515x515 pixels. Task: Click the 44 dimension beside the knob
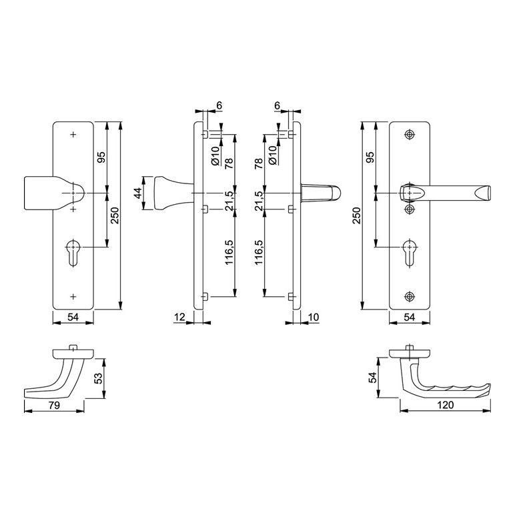coord(139,193)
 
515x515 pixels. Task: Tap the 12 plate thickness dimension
coord(179,318)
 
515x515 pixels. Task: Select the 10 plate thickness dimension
coord(314,318)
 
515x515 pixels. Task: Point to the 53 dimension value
coord(98,378)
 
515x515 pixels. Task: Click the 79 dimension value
coord(54,406)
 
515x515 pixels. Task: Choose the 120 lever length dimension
coord(446,405)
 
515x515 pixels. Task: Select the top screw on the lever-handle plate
coord(409,134)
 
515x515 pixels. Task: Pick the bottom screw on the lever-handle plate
coord(409,296)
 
